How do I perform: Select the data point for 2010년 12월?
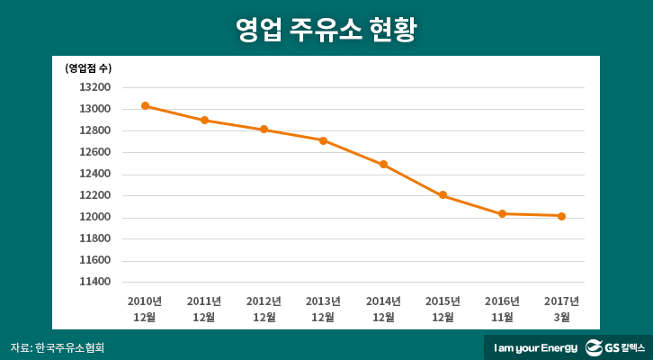[x=145, y=106]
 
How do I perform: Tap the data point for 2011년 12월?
[x=204, y=120]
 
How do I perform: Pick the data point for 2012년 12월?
[x=264, y=130]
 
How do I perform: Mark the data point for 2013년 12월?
[x=323, y=140]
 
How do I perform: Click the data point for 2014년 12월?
[x=383, y=165]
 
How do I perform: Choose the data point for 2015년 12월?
[x=443, y=195]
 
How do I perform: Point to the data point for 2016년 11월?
[x=502, y=213]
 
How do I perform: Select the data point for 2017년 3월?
[x=561, y=216]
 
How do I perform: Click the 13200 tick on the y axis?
[x=95, y=87]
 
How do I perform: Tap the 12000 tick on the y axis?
[x=95, y=217]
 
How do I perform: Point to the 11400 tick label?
[x=95, y=282]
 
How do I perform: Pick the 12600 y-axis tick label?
[x=95, y=152]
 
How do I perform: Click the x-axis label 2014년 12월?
[x=383, y=309]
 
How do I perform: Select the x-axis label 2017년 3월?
[x=561, y=309]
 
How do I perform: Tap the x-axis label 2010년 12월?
[x=145, y=309]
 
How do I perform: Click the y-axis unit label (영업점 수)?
[x=88, y=67]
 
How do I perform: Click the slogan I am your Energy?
[x=533, y=347]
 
